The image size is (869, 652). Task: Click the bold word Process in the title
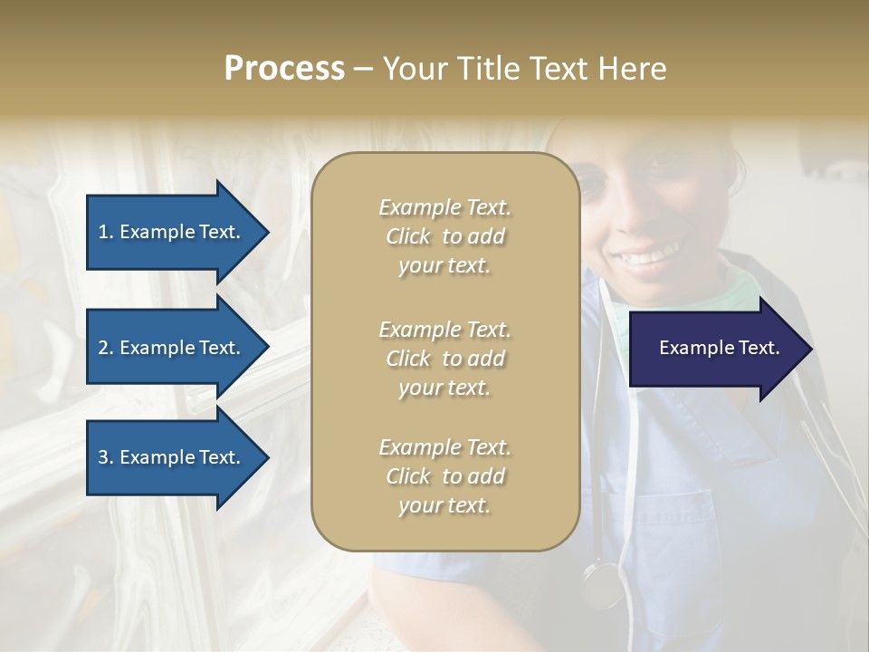284,69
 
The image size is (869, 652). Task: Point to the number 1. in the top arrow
106,232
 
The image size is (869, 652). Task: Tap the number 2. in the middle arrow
106,348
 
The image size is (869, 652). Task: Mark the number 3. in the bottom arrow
106,457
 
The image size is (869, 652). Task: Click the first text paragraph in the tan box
444,236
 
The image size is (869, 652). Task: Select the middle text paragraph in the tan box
444,359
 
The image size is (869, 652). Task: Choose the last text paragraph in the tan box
444,476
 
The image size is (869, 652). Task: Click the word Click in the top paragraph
408,236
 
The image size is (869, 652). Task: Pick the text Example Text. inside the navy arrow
720,348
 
